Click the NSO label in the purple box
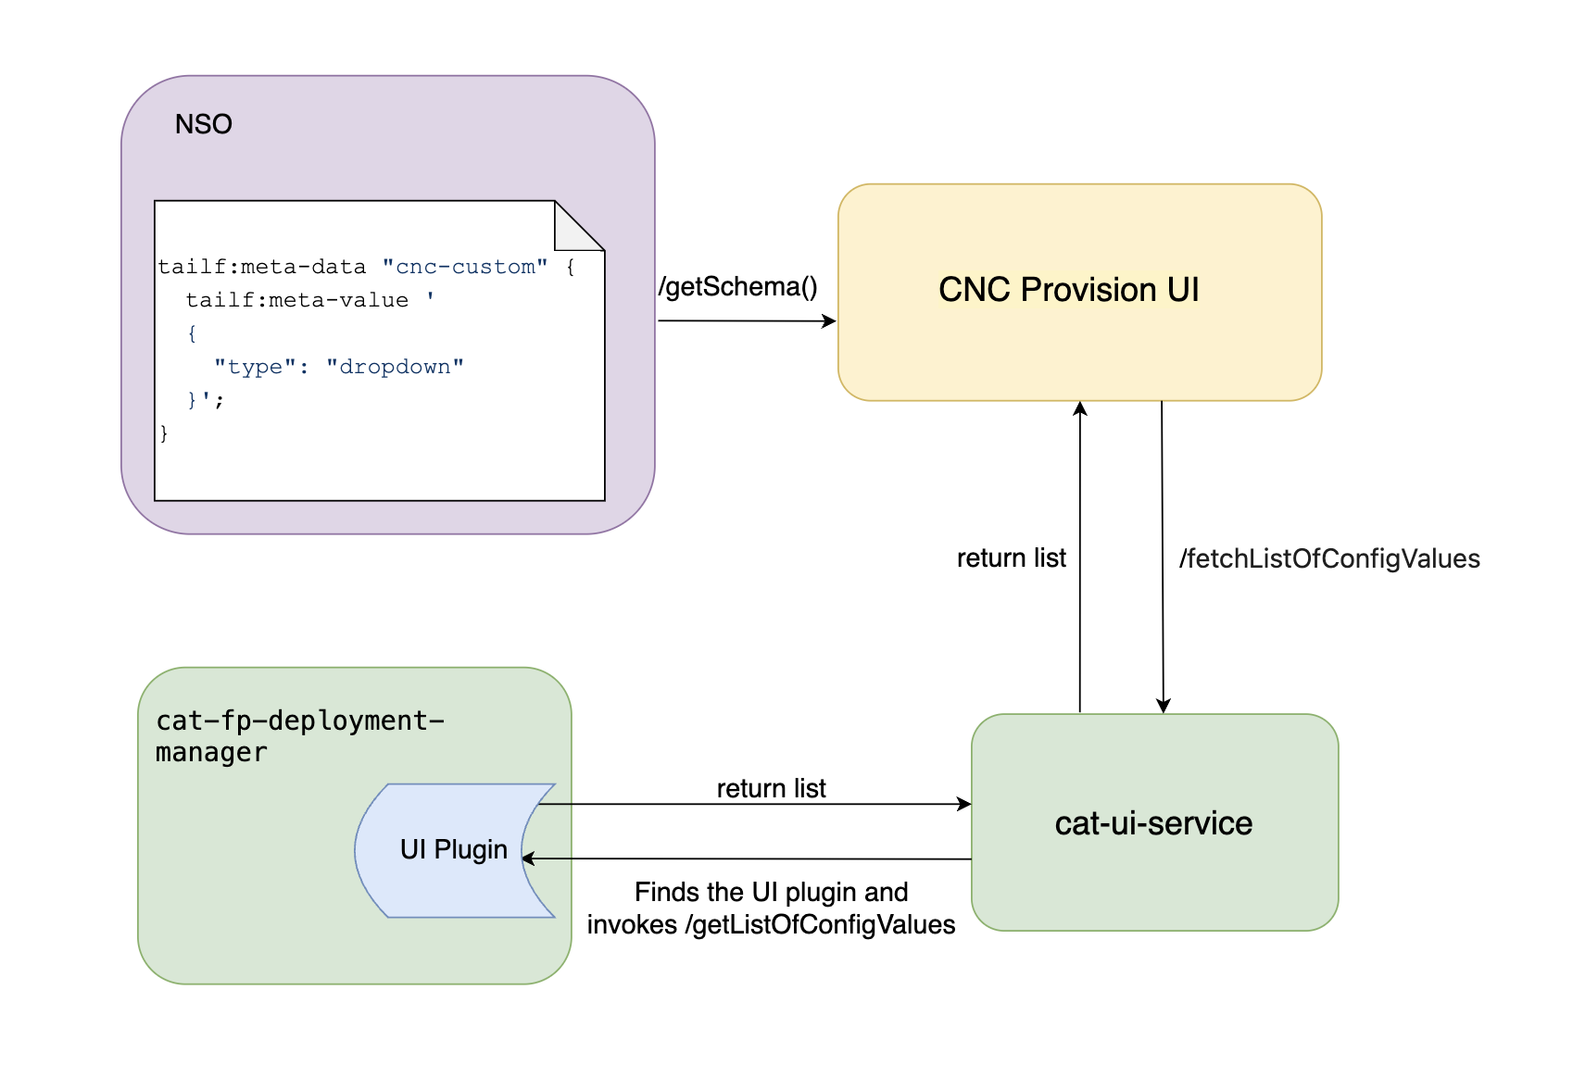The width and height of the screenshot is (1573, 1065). [203, 124]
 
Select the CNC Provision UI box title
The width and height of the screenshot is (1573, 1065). [1068, 290]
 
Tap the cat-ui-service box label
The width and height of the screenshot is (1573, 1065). [1153, 823]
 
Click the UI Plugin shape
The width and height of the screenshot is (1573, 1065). [453, 849]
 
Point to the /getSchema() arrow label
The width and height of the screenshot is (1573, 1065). [737, 287]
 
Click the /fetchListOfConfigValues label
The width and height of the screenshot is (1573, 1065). [1328, 558]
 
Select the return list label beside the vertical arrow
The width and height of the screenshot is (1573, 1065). [1011, 558]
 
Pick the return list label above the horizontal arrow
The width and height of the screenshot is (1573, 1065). [771, 788]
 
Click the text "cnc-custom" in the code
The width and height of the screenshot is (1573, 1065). [465, 267]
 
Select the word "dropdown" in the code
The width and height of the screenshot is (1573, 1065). [395, 367]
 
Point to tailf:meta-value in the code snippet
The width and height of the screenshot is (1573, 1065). [296, 300]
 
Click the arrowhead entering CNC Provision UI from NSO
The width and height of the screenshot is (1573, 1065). [830, 321]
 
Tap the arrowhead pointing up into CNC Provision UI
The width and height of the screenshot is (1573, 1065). [1080, 408]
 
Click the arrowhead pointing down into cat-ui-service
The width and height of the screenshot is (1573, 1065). [1164, 706]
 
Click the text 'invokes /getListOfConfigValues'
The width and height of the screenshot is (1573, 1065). [771, 924]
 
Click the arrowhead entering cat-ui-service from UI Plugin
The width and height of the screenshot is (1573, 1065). [964, 804]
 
